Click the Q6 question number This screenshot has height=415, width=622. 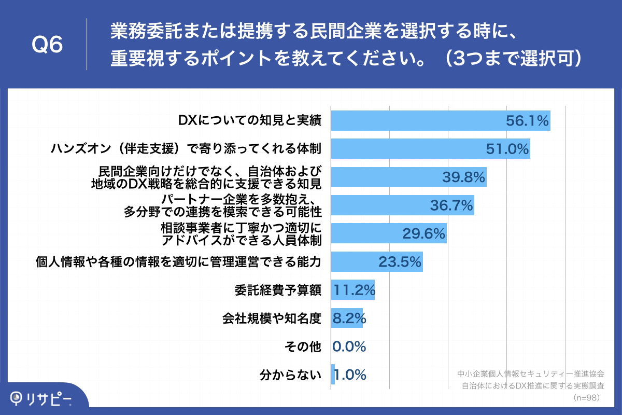(47, 45)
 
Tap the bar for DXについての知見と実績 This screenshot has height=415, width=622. (415, 120)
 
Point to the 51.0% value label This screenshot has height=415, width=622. (507, 149)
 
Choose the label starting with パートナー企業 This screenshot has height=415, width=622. (223, 205)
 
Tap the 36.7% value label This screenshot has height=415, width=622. (451, 206)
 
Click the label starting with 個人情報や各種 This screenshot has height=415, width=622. (178, 262)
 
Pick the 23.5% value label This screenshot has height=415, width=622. (400, 262)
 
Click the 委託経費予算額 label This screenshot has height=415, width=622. (278, 290)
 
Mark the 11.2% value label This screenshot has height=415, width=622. (354, 290)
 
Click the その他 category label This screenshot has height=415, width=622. (303, 347)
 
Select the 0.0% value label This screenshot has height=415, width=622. (349, 347)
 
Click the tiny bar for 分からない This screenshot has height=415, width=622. (333, 375)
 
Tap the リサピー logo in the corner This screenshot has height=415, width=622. (43, 398)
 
